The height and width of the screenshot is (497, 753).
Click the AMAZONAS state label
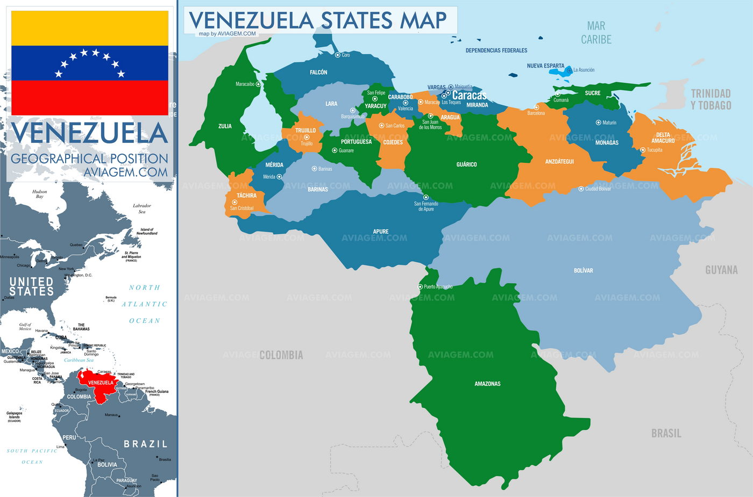pos(487,384)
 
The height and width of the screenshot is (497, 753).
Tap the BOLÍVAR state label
pos(583,270)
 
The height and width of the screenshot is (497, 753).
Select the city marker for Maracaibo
pos(258,84)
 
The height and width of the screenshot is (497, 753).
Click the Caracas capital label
pos(469,95)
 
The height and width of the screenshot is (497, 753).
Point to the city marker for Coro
pos(338,55)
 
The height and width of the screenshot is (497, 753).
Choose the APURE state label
pos(380,232)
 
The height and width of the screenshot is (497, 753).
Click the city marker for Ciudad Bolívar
pos(581,189)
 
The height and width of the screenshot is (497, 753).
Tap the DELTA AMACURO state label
pos(663,138)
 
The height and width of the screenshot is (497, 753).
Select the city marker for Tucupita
pos(643,150)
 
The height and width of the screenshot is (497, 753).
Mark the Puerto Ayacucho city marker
pos(421,287)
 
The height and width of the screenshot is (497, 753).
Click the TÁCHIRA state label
pos(246,196)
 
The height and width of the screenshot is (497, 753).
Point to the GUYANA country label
pos(721,270)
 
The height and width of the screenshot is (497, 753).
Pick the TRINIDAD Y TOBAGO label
pos(711,99)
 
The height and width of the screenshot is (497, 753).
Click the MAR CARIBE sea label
pos(596,33)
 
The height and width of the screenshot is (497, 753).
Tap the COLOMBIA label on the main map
pos(281,355)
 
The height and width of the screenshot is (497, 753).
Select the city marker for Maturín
pos(598,123)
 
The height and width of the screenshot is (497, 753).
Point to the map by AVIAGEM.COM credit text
pos(228,34)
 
